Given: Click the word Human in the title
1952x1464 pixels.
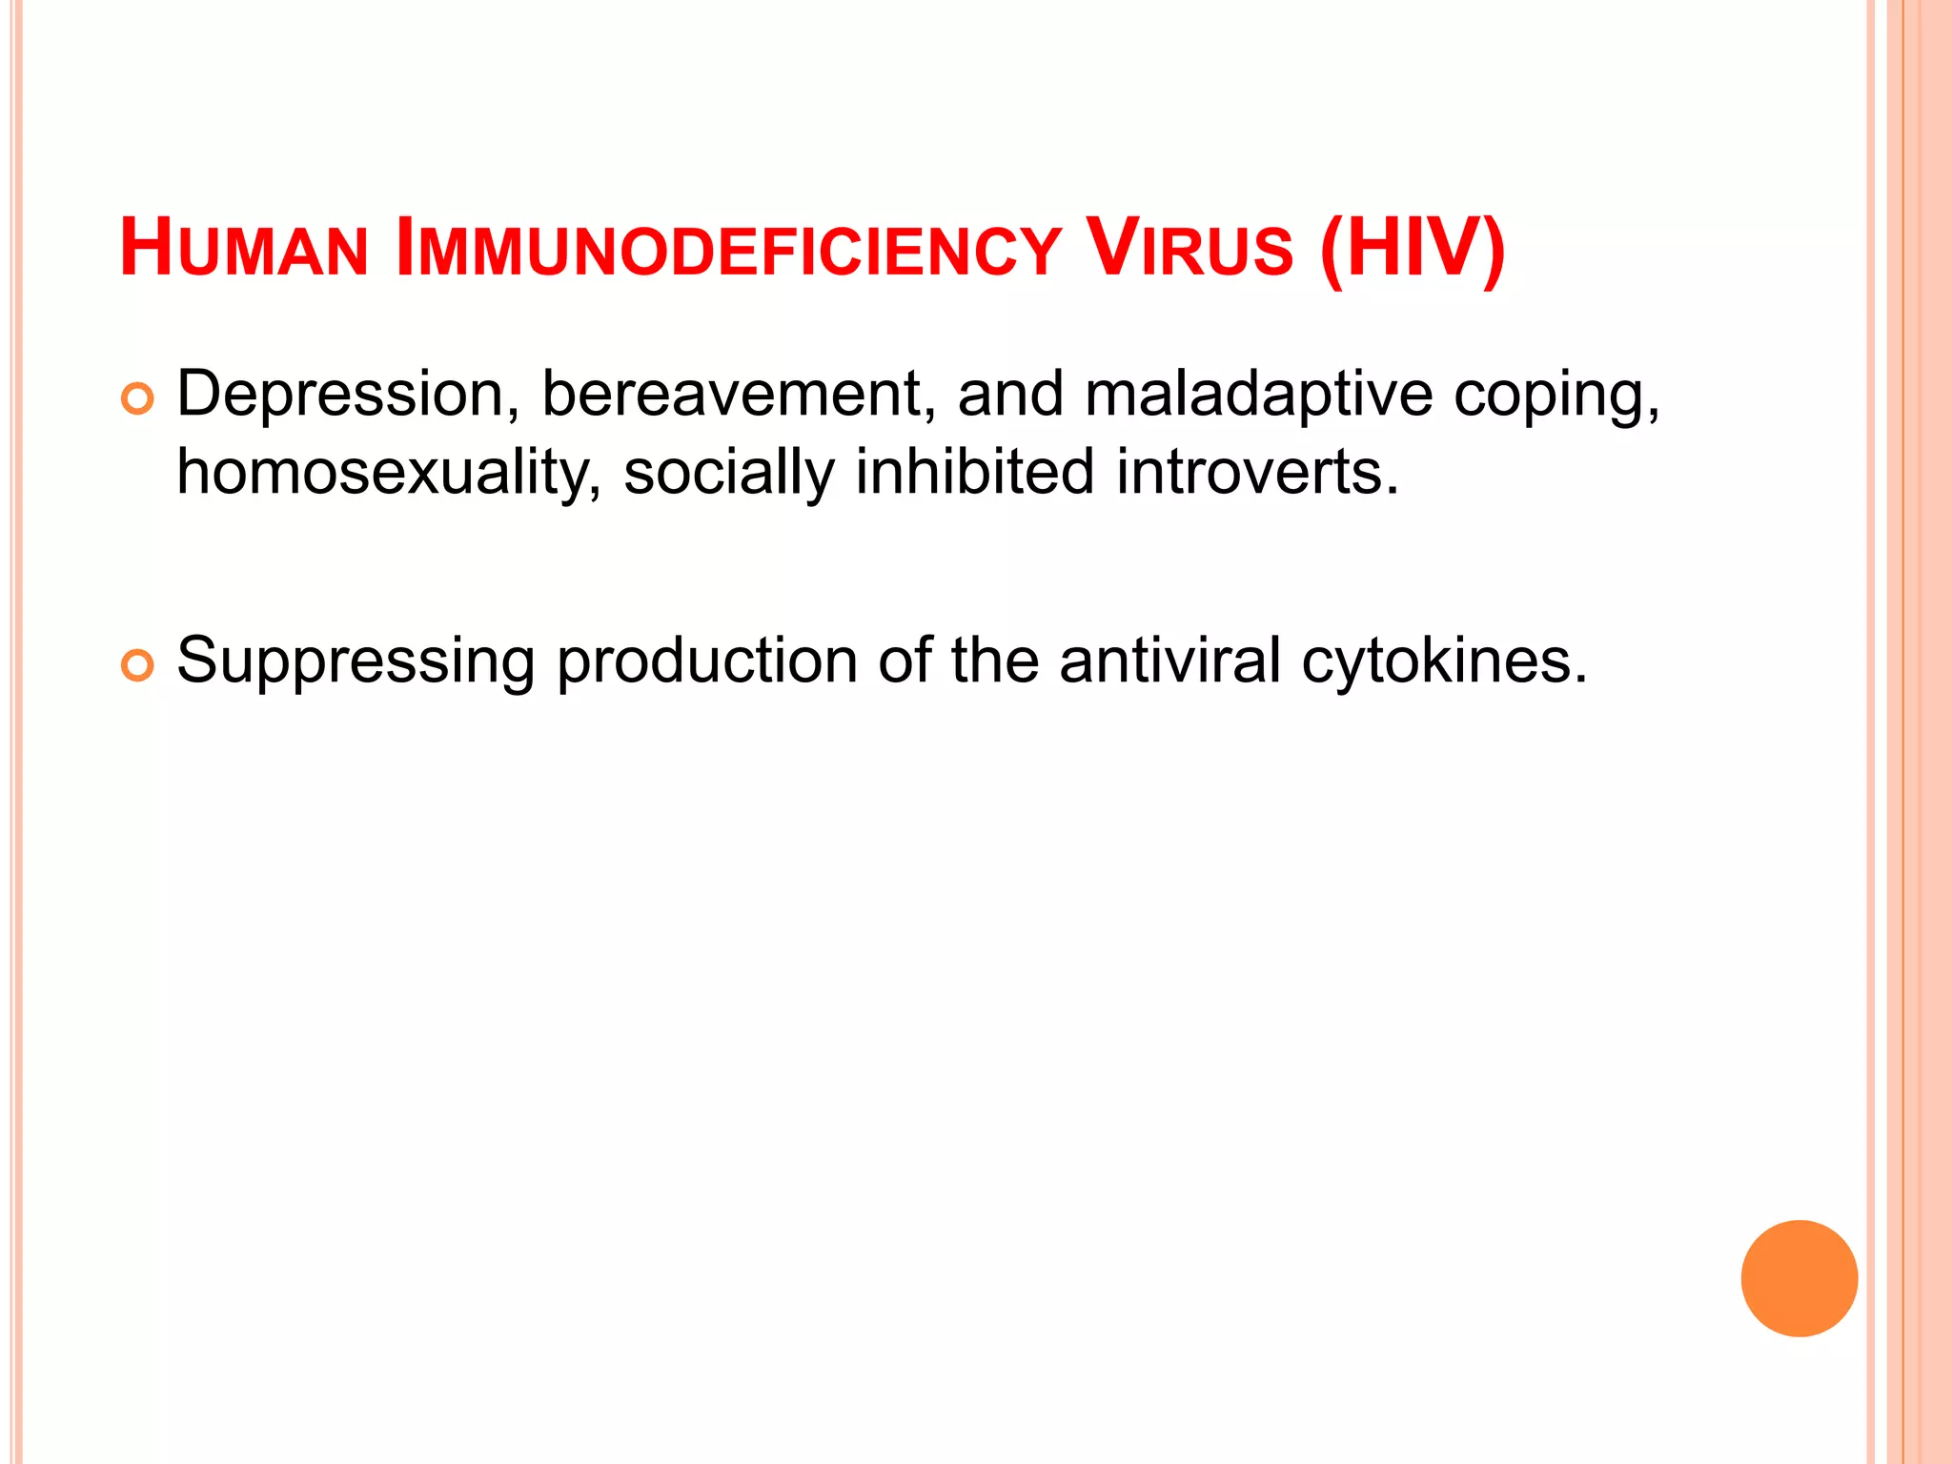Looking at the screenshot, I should coord(244,250).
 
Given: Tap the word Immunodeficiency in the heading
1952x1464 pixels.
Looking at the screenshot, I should coord(727,250).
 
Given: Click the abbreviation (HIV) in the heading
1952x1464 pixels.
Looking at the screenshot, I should coord(1413,250).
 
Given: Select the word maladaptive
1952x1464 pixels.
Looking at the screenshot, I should coord(1258,395).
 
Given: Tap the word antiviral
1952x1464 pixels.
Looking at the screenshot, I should coord(1169,660).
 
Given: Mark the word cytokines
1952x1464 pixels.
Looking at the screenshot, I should coord(1444,660).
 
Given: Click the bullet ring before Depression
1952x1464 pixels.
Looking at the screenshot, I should coord(137,399).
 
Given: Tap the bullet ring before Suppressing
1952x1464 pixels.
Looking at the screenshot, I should coord(137,666).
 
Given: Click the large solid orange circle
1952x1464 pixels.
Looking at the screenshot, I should coord(1799,1278).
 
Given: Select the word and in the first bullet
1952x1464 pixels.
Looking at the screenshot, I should coord(1010,395).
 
